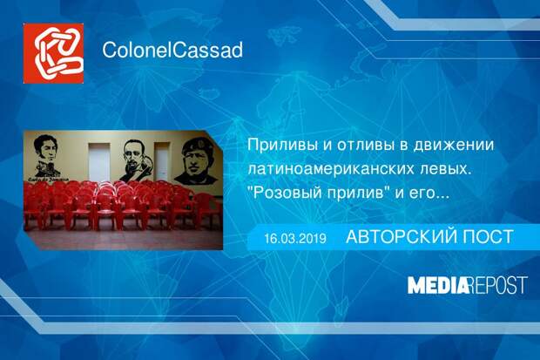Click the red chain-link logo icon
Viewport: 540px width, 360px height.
[53, 53]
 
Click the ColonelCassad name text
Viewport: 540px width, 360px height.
[172, 50]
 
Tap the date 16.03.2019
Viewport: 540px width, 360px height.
[295, 238]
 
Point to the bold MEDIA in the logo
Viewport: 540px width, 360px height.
[438, 285]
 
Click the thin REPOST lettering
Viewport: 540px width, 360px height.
[498, 285]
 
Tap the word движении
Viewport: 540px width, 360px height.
[454, 146]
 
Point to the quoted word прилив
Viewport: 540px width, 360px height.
[358, 193]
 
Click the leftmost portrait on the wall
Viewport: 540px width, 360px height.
[45, 156]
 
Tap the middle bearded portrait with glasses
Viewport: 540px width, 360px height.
[135, 160]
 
